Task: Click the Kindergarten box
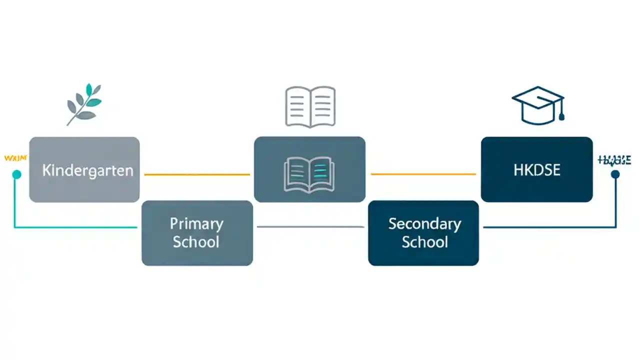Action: (x=84, y=170)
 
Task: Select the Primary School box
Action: (x=197, y=233)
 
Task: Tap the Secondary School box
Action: (x=423, y=233)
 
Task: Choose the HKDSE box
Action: (x=536, y=170)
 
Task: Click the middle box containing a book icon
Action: (x=309, y=170)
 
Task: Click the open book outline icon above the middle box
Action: (x=310, y=106)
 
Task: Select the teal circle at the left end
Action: (x=16, y=174)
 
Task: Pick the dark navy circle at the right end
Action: (x=615, y=174)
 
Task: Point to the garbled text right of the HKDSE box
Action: (x=614, y=160)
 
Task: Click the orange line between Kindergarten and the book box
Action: (x=197, y=174)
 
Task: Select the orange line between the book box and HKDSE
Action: (x=423, y=174)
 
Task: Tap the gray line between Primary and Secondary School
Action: (x=310, y=227)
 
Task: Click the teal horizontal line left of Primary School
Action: (x=75, y=227)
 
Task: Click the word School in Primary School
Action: (x=196, y=242)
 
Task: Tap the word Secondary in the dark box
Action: (x=424, y=223)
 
